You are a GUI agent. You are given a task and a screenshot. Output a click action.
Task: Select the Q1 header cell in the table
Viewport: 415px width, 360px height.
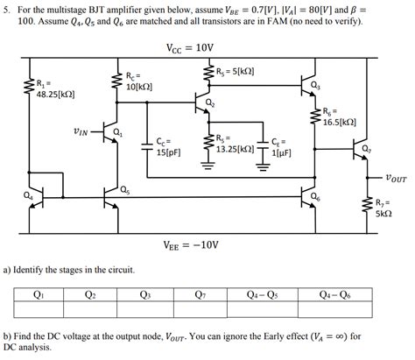coord(39,294)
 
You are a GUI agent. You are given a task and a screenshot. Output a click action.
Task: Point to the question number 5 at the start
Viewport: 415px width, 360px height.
coord(6,8)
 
